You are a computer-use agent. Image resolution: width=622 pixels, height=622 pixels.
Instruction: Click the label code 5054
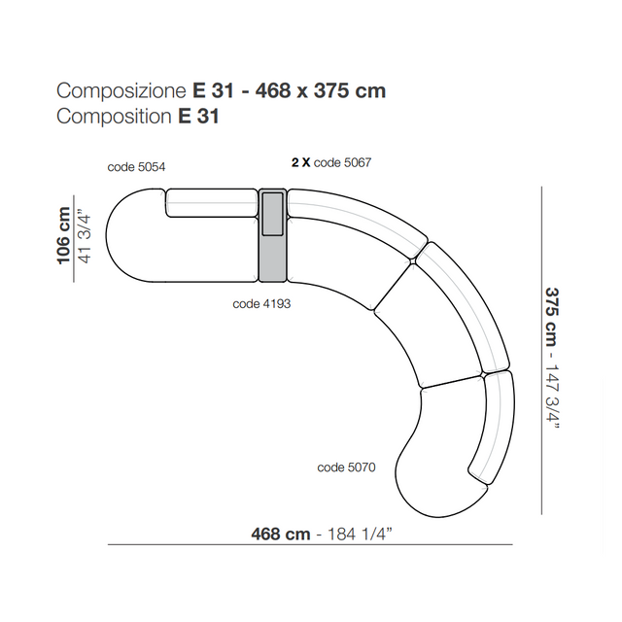pos(136,167)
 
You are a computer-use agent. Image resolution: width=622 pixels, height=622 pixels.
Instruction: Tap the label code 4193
pos(261,304)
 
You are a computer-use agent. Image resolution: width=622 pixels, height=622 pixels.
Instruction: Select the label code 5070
pos(346,467)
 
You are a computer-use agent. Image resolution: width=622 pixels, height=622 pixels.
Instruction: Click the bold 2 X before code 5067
pos(300,162)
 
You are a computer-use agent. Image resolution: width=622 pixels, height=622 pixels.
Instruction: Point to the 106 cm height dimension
pos(63,235)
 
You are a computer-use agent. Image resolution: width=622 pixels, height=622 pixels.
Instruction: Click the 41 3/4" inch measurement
pos(86,238)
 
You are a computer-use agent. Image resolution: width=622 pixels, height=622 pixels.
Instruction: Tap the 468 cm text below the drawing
pos(281,534)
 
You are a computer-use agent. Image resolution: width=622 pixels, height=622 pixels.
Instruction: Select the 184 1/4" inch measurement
pos(359,534)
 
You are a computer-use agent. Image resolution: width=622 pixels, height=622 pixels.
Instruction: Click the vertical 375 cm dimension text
pos(552,317)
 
